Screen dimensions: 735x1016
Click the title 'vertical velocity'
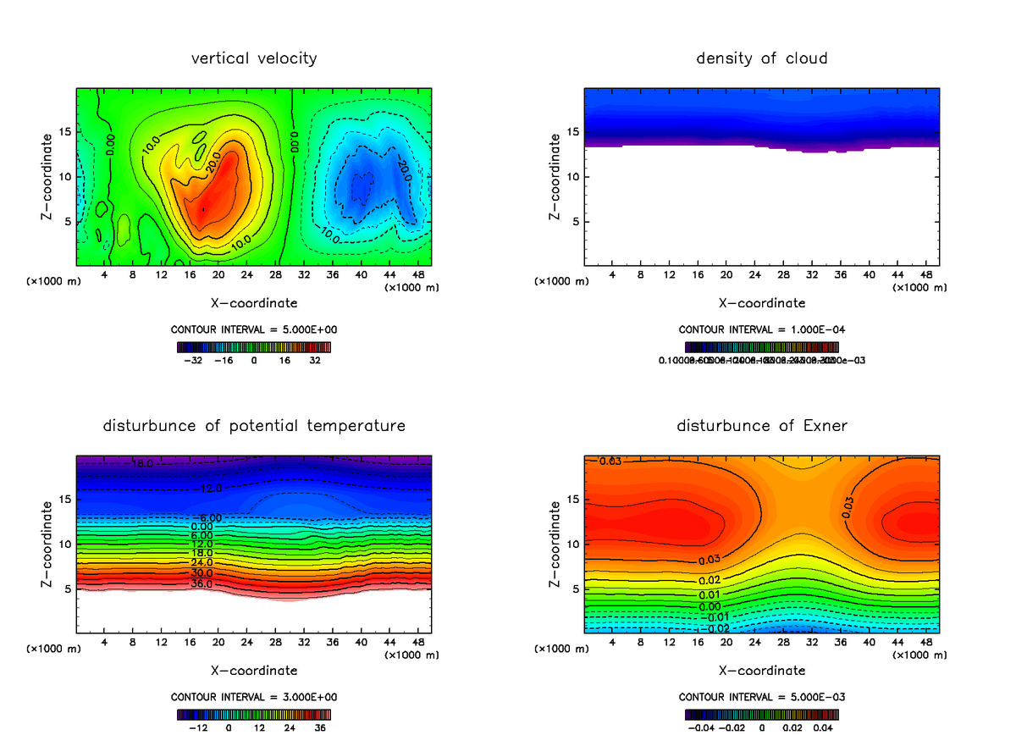[254, 58]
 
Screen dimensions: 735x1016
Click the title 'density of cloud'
[761, 58]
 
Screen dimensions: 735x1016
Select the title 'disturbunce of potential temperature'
[254, 425]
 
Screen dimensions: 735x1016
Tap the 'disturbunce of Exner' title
[761, 425]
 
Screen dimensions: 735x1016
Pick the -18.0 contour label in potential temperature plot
[142, 464]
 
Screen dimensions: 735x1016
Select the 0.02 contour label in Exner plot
[710, 580]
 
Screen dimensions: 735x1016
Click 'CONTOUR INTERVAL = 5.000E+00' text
[254, 329]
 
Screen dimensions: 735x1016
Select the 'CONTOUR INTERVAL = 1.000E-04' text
[761, 329]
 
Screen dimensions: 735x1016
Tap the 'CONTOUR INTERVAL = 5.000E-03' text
[761, 697]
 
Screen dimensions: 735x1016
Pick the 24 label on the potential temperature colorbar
[290, 727]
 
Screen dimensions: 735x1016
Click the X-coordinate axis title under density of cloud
[761, 303]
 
